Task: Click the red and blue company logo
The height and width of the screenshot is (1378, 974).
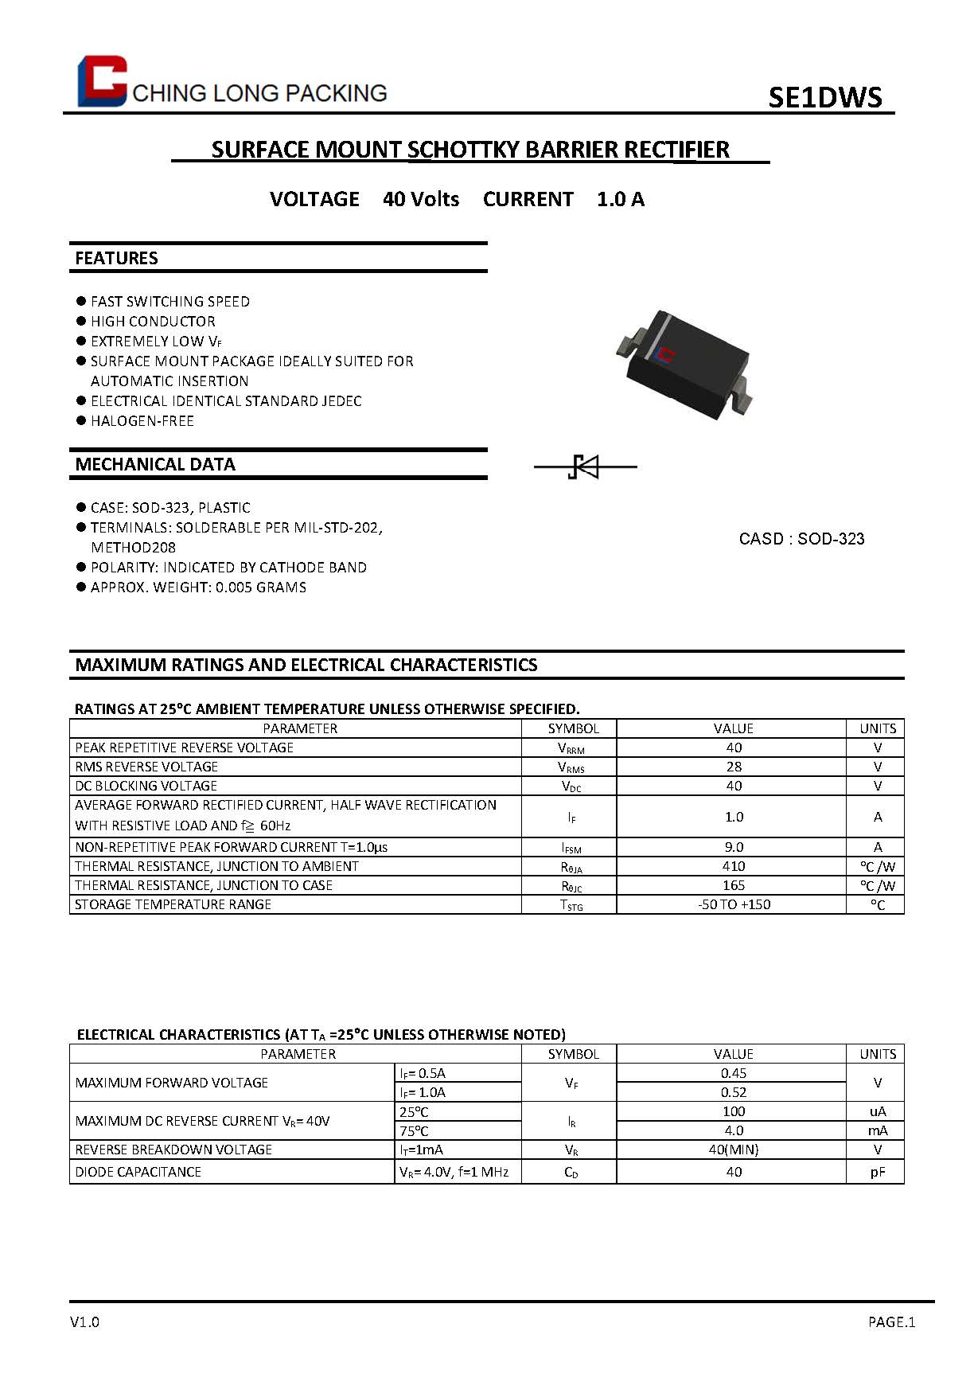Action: tap(102, 80)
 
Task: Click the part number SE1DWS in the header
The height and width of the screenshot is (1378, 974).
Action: tap(824, 97)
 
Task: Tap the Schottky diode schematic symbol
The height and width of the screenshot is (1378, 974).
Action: tap(586, 466)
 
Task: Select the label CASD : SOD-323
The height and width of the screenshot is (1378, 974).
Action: tap(801, 539)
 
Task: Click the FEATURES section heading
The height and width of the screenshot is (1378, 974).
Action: tap(117, 258)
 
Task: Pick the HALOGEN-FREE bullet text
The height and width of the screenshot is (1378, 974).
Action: tap(142, 421)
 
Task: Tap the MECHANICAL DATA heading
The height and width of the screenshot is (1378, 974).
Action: tap(155, 464)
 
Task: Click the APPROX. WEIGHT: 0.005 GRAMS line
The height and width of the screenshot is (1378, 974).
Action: tap(197, 588)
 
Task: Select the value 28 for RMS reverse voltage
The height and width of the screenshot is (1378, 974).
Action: tap(733, 767)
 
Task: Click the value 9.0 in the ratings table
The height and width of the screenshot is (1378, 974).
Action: tap(733, 847)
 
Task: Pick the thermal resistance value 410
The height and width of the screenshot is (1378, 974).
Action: tap(733, 866)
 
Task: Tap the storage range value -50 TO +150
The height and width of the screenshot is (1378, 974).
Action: tap(733, 904)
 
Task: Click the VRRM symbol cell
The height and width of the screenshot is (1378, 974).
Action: tap(571, 748)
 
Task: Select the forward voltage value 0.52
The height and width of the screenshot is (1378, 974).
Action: tap(733, 1092)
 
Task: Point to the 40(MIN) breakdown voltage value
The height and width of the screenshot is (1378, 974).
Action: tap(733, 1150)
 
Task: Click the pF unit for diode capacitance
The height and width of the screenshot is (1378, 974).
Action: tap(877, 1172)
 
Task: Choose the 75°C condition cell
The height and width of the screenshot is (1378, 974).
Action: tap(414, 1130)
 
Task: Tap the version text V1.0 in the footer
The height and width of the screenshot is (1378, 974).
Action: tap(85, 1322)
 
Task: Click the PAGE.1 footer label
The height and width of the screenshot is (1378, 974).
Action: tap(891, 1322)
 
